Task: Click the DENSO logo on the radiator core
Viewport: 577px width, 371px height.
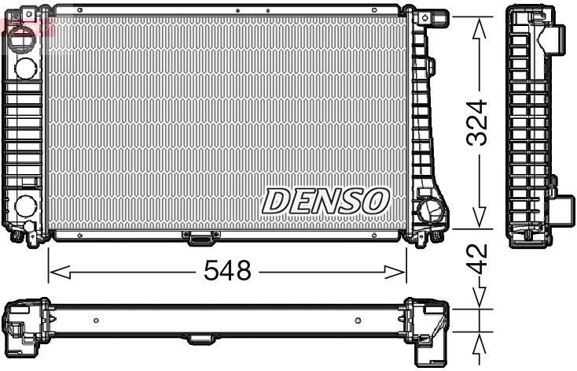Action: (x=325, y=201)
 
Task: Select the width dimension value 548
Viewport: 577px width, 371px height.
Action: (x=226, y=272)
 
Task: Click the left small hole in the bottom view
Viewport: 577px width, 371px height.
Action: (x=96, y=320)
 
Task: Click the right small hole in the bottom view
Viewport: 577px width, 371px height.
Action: (x=358, y=320)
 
